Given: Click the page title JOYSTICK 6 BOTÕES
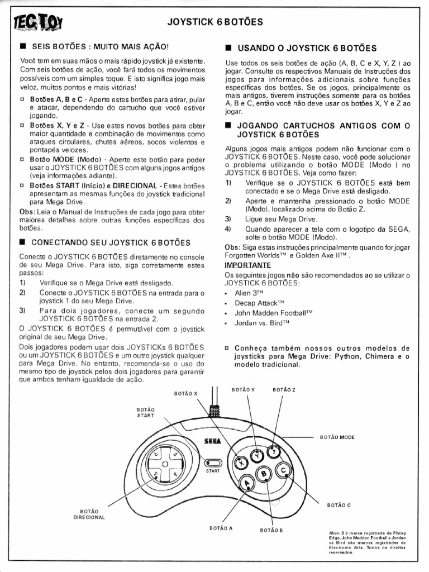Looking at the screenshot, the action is tap(215, 22).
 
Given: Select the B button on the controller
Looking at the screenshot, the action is tap(264, 475).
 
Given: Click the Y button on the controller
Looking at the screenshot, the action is tap(258, 455).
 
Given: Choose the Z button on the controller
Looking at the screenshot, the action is tap(274, 451).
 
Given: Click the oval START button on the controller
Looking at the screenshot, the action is tap(213, 463).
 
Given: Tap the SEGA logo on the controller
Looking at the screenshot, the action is tap(213, 441).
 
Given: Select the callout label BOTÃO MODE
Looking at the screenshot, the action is tap(337, 437).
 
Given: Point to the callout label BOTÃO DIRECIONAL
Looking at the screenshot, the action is tap(89, 514).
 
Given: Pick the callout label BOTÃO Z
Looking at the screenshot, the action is tap(284, 389).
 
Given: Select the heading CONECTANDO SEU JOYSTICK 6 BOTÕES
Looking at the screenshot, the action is tap(111, 243).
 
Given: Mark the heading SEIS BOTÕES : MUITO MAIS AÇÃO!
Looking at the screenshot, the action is tap(100, 48).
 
